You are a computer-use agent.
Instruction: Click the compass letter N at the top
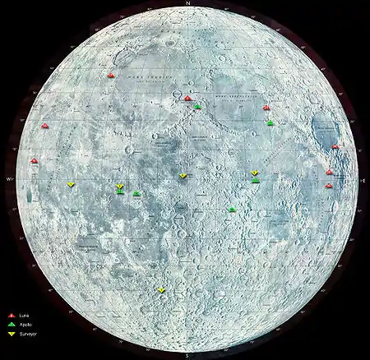tap(189, 4)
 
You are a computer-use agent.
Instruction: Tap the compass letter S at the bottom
tap(188, 355)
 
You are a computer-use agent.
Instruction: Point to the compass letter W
tap(8, 178)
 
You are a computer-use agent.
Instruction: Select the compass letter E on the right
tap(363, 178)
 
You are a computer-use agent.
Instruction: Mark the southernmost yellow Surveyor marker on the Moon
tap(162, 290)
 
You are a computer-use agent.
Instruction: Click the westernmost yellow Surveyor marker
tap(72, 184)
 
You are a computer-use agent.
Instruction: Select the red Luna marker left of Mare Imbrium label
tap(111, 76)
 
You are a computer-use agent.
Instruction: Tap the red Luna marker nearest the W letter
tap(34, 161)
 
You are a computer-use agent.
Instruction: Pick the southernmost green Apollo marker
tap(233, 210)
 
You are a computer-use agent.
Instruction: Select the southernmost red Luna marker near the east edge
tap(329, 186)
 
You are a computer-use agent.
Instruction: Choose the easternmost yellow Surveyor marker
tap(255, 173)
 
